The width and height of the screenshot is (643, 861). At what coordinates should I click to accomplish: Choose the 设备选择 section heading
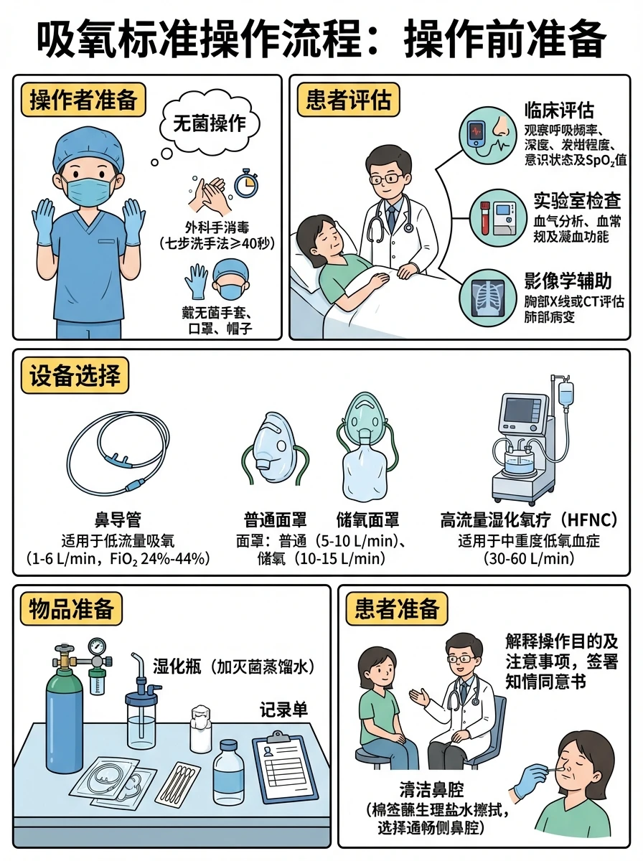tap(74, 376)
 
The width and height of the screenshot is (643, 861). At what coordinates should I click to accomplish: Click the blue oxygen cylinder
tap(65, 710)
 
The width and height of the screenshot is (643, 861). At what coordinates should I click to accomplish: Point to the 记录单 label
tap(283, 710)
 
